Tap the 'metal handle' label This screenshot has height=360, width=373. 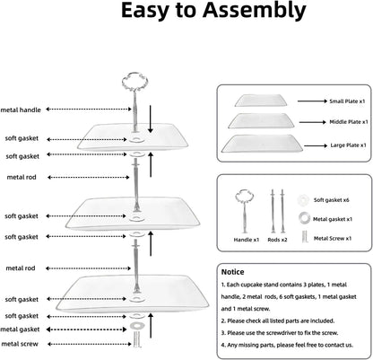(21, 110)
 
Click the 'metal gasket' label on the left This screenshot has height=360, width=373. (20, 329)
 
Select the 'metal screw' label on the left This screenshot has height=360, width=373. (20, 344)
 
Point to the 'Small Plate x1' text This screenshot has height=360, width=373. (347, 101)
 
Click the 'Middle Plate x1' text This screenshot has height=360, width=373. (349, 122)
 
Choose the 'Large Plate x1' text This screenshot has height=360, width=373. (348, 145)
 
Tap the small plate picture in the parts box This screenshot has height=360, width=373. (261, 101)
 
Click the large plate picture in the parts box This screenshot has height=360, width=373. (262, 143)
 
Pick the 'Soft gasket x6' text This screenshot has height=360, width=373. (331, 200)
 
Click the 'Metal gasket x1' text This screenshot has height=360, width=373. (333, 219)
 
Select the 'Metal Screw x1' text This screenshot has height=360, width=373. (333, 238)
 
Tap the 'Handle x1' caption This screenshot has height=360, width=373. (247, 240)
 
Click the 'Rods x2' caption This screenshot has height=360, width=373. (277, 240)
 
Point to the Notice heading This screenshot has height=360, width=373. (232, 272)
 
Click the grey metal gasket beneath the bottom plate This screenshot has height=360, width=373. (137, 325)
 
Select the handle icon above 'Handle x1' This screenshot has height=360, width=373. (245, 211)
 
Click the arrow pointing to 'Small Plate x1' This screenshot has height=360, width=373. (312, 101)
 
